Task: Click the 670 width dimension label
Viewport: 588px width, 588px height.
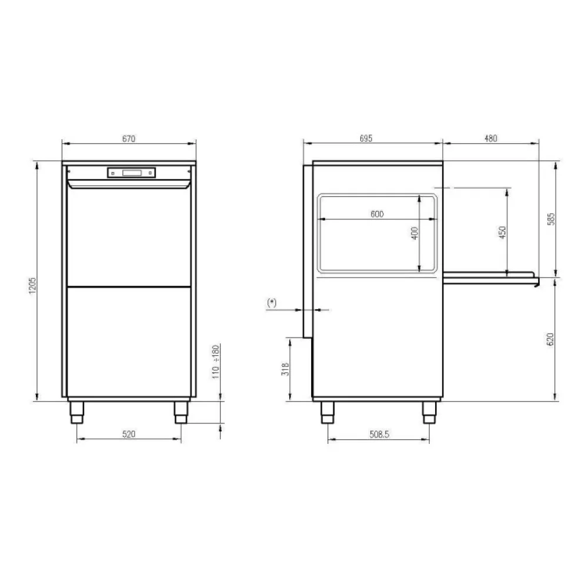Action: point(129,139)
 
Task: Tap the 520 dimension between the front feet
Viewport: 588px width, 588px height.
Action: point(129,435)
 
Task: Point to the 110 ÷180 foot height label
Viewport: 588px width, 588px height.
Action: point(216,361)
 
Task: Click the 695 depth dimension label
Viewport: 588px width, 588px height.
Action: point(366,139)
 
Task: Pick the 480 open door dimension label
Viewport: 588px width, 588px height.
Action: point(490,139)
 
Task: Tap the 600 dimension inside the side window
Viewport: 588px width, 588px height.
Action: point(377,215)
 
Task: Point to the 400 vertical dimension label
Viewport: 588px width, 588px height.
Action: point(414,233)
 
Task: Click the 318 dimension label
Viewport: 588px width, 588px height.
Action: point(285,369)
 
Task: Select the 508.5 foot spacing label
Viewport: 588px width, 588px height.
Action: point(377,435)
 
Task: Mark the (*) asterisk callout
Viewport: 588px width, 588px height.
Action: point(272,302)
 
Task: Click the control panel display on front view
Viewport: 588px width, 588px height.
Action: point(132,172)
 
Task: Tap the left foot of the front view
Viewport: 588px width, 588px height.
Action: point(77,412)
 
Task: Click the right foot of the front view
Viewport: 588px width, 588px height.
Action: point(181,412)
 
